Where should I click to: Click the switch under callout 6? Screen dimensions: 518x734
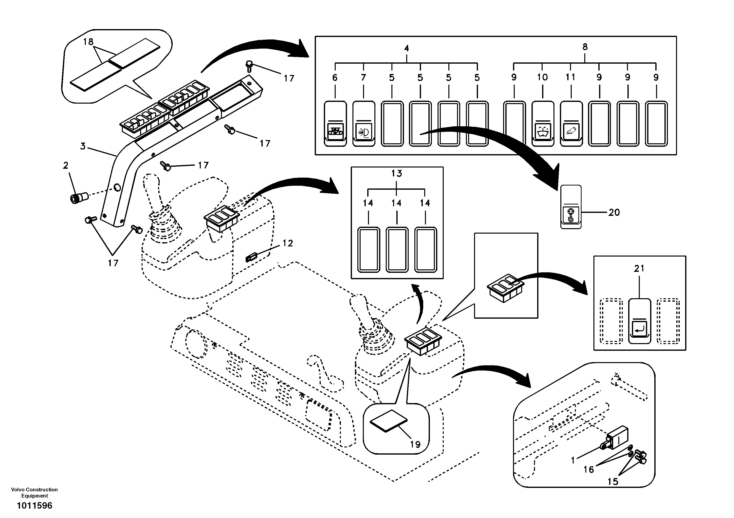pos(335,124)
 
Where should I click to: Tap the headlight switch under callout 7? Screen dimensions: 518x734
pos(364,124)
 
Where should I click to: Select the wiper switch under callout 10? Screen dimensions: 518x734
pos(543,124)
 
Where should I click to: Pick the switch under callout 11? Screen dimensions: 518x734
pos(571,124)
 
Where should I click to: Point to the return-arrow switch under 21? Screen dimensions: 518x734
pos(639,321)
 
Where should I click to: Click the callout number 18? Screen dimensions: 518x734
pos(88,42)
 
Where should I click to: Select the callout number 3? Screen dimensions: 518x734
pos(83,147)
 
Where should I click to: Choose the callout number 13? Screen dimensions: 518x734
pos(396,173)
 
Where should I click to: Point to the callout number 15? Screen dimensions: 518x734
pos(613,481)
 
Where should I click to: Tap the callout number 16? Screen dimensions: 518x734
pos(588,469)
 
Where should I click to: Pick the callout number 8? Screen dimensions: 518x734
pos(585,47)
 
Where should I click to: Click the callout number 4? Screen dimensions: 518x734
pos(406,48)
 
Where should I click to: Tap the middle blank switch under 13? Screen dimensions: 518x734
pos(397,249)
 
